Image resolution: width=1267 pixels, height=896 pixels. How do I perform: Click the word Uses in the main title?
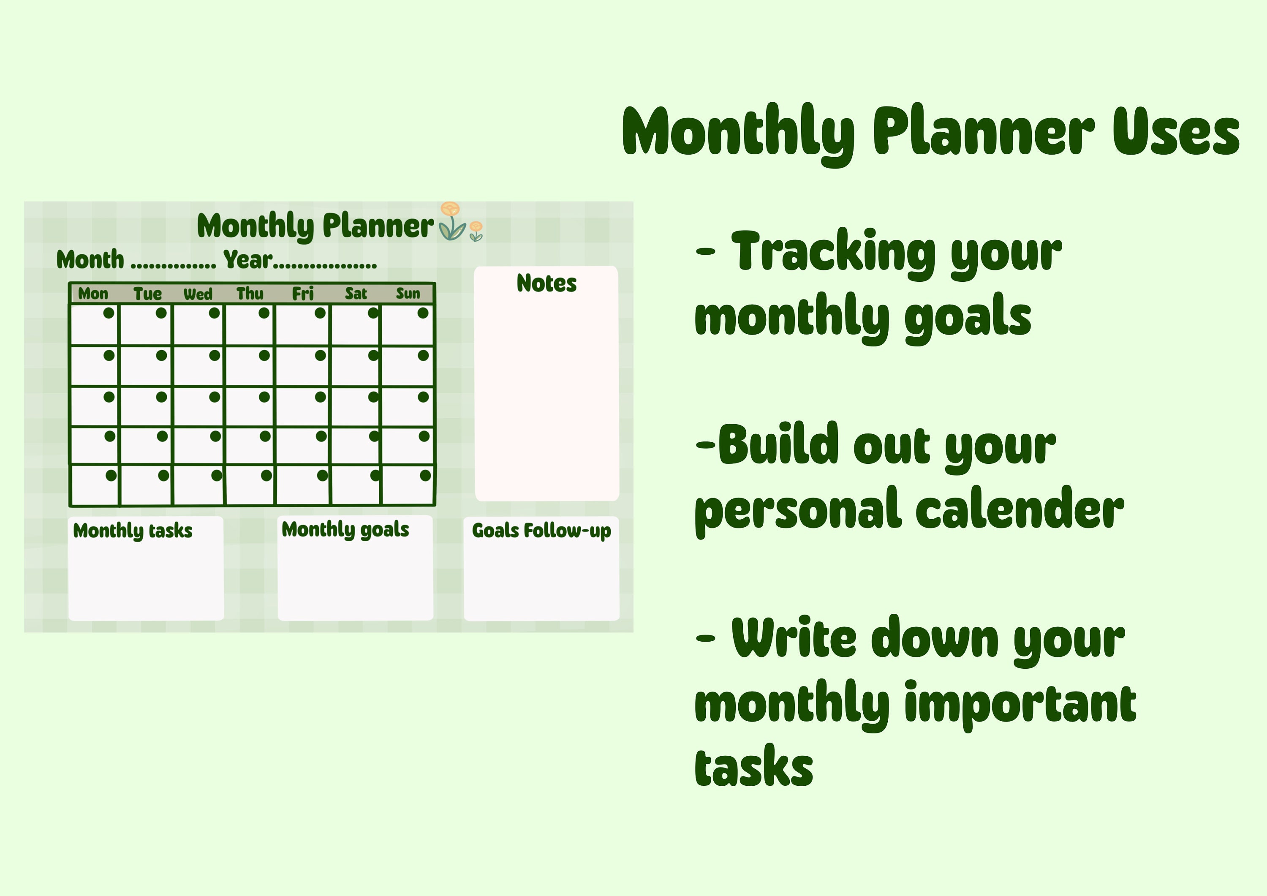(x=1175, y=131)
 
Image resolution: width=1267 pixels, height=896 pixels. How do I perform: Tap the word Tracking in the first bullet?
(x=833, y=252)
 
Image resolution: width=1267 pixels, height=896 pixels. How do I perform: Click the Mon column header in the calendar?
(x=93, y=294)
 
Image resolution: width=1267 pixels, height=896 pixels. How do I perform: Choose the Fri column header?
(x=302, y=294)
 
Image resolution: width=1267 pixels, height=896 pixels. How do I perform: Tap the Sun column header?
(x=408, y=294)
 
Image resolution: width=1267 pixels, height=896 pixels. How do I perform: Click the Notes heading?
(x=546, y=283)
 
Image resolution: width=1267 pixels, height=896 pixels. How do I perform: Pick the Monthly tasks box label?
(x=133, y=531)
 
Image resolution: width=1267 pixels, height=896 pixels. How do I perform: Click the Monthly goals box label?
(x=345, y=529)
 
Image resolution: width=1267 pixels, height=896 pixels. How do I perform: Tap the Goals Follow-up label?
(x=541, y=531)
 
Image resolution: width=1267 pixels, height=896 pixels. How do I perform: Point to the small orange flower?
(x=476, y=227)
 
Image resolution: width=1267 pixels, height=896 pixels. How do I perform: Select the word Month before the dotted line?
(x=90, y=259)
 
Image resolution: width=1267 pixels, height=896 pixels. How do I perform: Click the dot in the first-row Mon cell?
(x=109, y=313)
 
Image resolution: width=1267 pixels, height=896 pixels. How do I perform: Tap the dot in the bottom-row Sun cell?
(x=425, y=475)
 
